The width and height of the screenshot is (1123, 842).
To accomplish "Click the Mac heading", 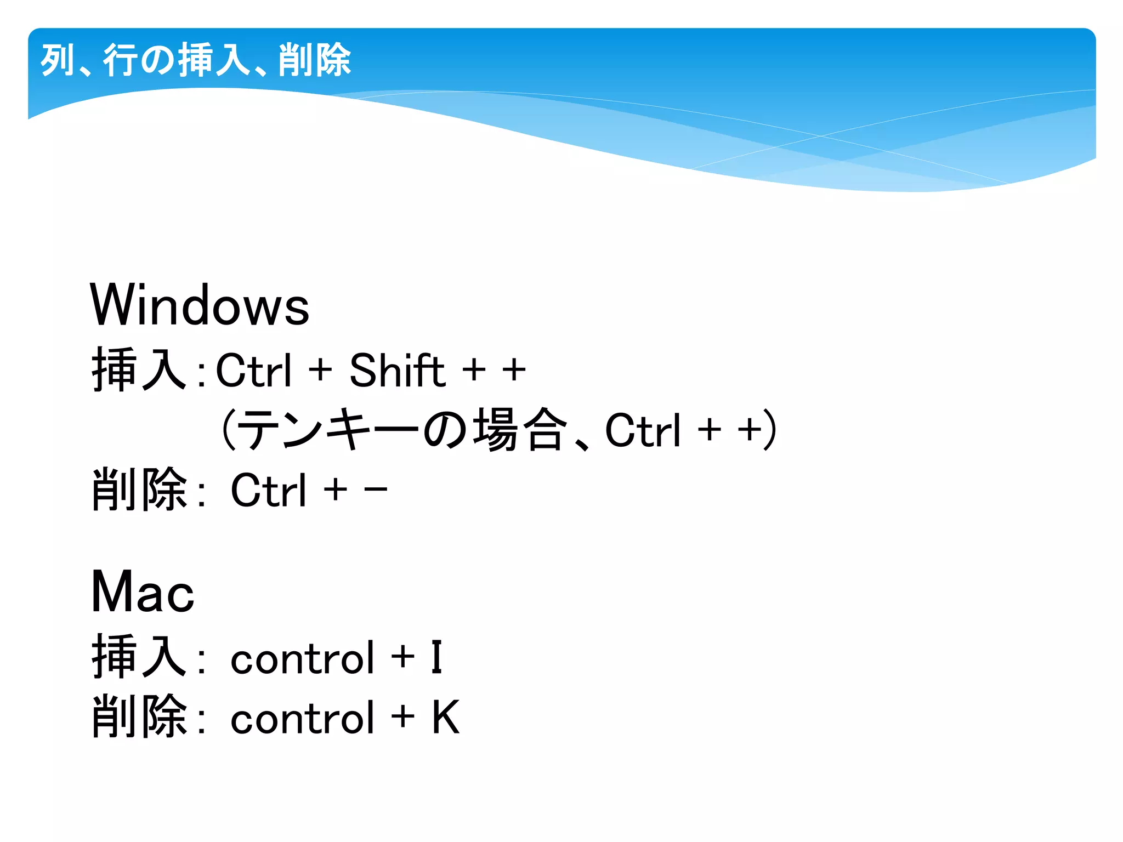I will pos(143,591).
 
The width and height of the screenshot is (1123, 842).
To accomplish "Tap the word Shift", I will pos(397,370).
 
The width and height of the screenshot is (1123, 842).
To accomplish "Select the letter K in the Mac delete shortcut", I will pos(445,718).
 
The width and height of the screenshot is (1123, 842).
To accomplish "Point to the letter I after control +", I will pos(436,657).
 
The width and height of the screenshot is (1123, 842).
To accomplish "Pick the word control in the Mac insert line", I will pos(302,658).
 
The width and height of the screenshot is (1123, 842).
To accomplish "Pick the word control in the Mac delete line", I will pos(302,718).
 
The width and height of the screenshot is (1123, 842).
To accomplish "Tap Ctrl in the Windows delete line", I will pos(268,490).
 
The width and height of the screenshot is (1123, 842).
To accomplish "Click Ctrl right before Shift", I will pos(254,370).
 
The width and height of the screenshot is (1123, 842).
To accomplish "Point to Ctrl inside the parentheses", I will pos(643,430).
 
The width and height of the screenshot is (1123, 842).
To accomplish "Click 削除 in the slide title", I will pos(314,60).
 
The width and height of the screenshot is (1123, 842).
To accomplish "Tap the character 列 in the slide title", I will pos(57,60).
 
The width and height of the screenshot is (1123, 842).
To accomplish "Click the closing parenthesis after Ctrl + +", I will pos(771,429).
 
